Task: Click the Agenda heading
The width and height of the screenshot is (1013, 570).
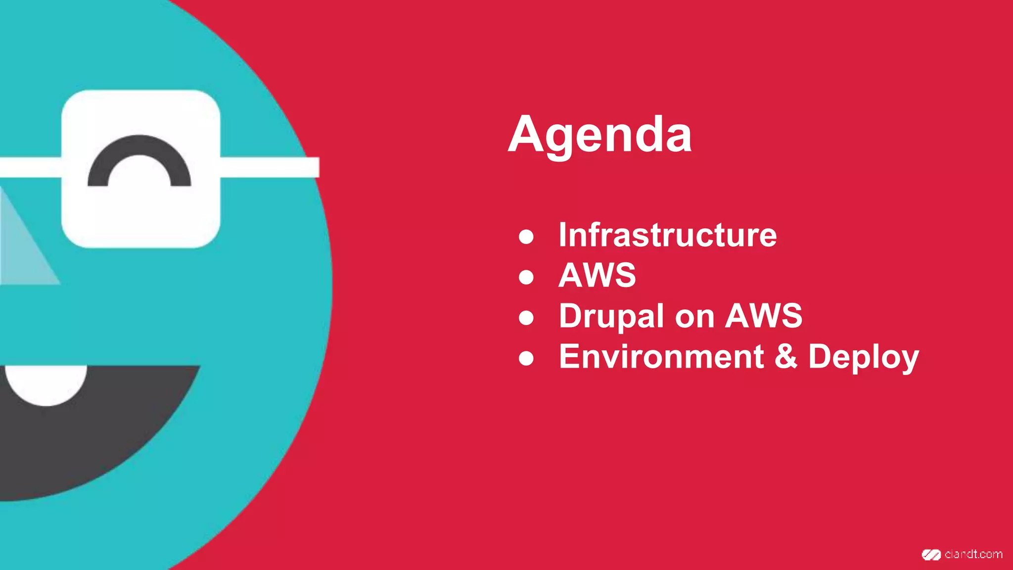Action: [599, 135]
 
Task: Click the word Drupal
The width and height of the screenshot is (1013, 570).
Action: [611, 316]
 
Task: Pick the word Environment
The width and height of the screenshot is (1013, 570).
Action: [661, 356]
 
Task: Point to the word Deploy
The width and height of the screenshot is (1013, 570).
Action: [863, 357]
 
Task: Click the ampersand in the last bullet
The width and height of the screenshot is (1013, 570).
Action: [786, 356]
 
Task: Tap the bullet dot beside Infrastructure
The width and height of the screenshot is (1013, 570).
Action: [526, 237]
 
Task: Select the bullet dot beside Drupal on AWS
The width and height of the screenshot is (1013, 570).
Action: [526, 318]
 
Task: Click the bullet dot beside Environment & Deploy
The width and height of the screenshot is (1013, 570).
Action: [526, 358]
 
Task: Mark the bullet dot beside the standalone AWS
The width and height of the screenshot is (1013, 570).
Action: [526, 277]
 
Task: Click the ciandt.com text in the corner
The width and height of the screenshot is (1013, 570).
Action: [973, 555]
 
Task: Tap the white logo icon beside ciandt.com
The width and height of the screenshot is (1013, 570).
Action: [931, 555]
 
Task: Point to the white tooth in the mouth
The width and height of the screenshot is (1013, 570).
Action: [46, 383]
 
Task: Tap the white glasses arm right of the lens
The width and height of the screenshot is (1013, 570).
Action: [270, 167]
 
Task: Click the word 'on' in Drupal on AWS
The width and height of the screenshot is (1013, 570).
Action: [694, 316]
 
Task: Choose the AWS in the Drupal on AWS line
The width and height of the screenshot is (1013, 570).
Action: [764, 316]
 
